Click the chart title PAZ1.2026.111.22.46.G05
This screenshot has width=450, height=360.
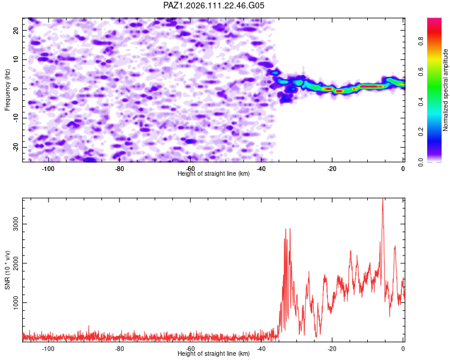click(214, 5)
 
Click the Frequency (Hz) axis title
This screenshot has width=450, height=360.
click(7, 90)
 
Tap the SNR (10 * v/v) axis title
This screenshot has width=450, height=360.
click(7, 270)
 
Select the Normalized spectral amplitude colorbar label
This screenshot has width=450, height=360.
click(445, 90)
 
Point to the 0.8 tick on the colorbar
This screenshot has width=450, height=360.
click(421, 41)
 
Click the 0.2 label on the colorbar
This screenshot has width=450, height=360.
click(421, 132)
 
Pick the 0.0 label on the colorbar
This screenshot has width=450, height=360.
click(421, 162)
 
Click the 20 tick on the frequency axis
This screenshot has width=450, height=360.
click(16, 31)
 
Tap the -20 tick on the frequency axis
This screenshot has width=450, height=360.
click(16, 147)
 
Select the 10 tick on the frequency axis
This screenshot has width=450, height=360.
click(16, 59)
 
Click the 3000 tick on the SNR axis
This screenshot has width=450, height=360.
click(16, 224)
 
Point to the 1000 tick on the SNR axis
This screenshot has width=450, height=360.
click(16, 302)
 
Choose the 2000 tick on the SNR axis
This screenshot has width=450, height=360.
click(16, 263)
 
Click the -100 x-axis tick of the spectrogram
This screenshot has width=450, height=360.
click(48, 169)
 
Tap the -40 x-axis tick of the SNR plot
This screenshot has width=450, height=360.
click(261, 349)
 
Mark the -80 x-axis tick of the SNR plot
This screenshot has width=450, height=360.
click(119, 349)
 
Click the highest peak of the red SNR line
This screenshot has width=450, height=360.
click(383, 199)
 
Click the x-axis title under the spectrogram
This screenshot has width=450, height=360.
click(214, 173)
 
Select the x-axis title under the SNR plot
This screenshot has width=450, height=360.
click(214, 353)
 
